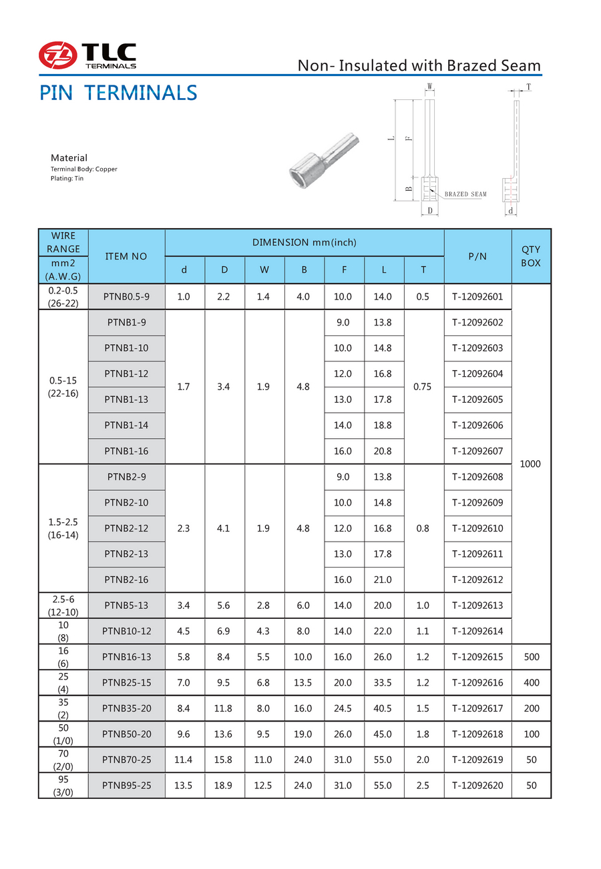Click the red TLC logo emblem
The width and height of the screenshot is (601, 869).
pos(57,55)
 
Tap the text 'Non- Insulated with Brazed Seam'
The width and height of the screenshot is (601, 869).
pos(419,65)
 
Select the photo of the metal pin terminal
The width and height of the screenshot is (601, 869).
pos(325,153)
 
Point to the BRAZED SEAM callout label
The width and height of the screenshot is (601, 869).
pos(465,194)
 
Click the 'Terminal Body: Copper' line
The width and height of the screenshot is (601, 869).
pos(84,169)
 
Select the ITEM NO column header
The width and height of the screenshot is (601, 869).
pos(126,256)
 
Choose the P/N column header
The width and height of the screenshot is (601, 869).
pos(477,256)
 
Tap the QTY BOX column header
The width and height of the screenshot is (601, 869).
pos(531,256)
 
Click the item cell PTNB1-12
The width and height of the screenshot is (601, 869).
pos(126,373)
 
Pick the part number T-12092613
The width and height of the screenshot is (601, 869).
pos(477,606)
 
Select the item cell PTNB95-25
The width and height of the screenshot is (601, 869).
pos(126,786)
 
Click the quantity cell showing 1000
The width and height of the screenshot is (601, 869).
pos(530,464)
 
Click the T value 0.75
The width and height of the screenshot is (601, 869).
pos(423,386)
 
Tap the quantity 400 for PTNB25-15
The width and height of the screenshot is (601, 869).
pos(531,683)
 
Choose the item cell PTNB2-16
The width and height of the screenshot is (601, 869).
pos(126,580)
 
